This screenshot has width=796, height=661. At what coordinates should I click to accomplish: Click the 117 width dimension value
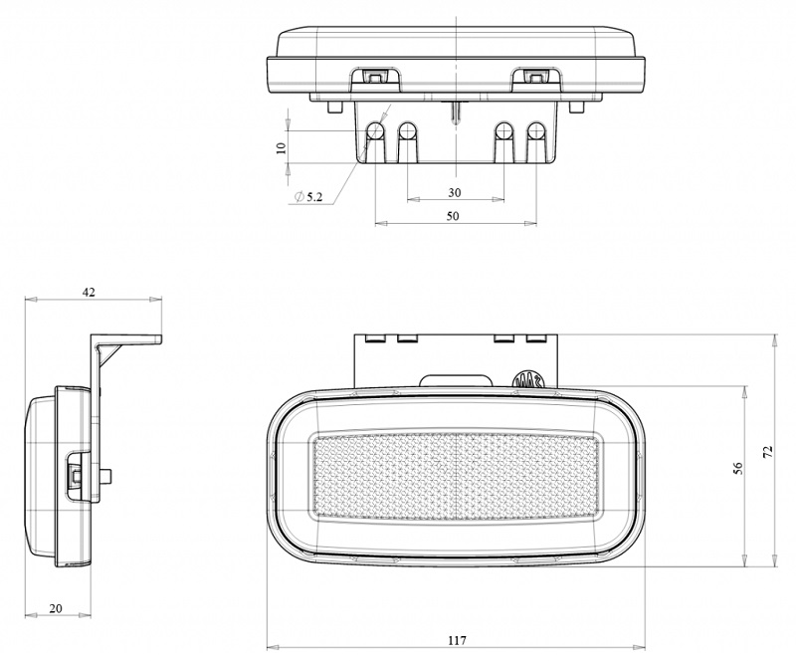(457, 640)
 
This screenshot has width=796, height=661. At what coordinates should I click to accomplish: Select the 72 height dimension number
(768, 452)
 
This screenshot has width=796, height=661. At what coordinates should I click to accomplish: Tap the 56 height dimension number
(738, 468)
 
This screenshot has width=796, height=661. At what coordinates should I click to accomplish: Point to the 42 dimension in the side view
(89, 292)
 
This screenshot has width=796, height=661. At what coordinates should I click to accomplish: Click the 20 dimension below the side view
(56, 607)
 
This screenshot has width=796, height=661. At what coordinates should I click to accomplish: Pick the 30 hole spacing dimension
(455, 192)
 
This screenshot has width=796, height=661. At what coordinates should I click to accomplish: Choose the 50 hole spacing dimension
(453, 216)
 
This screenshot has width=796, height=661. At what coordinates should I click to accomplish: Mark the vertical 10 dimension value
(282, 148)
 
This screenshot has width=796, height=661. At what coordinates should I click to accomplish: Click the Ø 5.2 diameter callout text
(308, 197)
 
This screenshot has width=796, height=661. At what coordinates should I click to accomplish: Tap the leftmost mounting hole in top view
(376, 130)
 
